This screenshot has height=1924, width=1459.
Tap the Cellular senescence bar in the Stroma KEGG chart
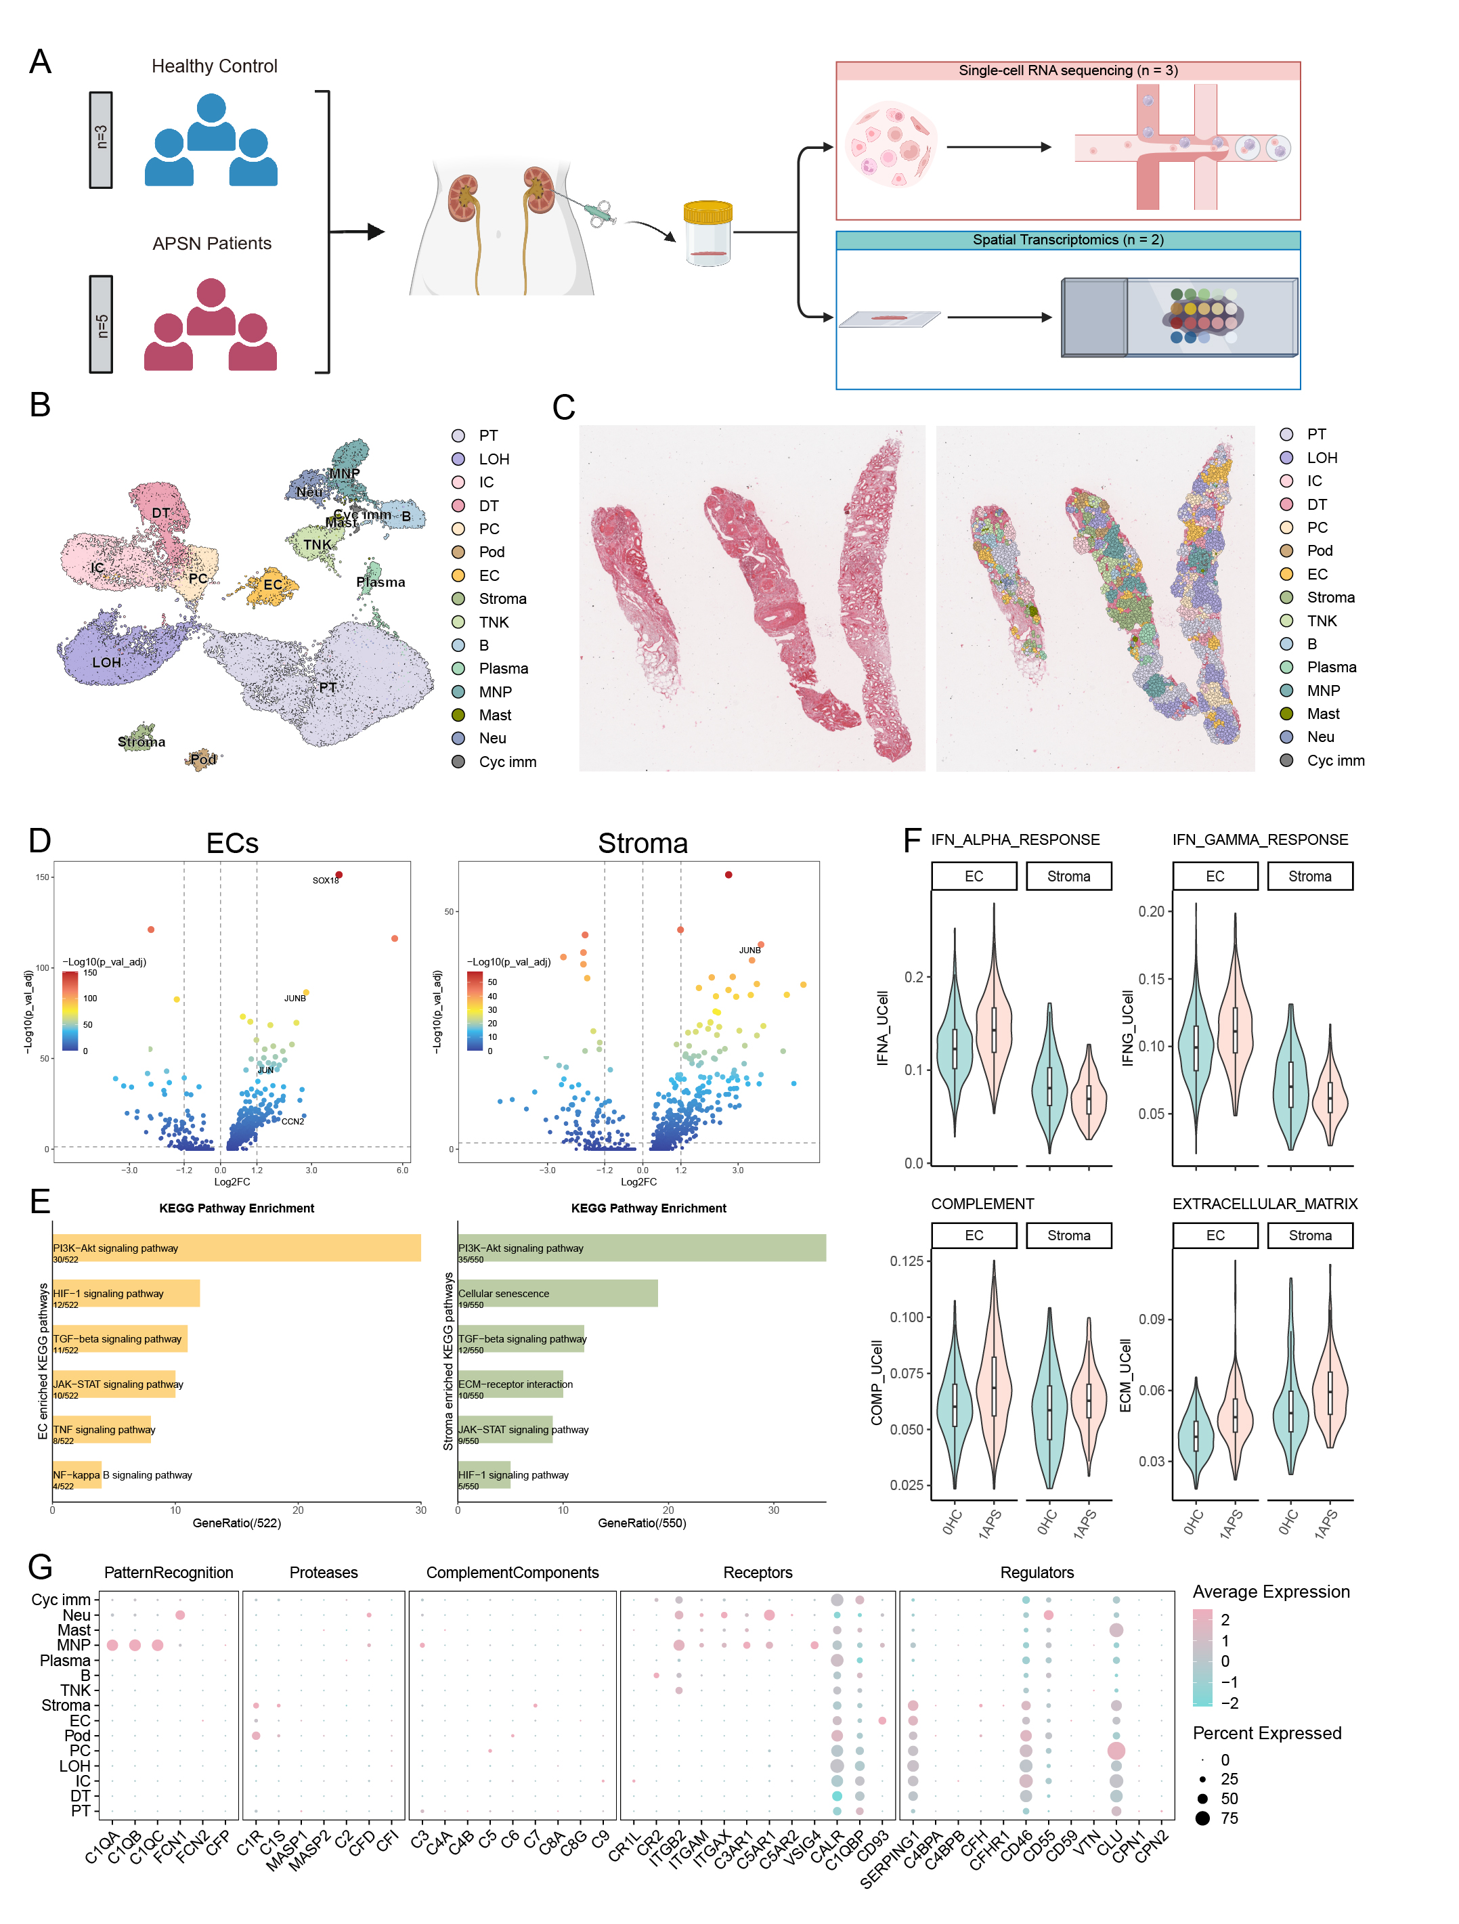pos(557,1294)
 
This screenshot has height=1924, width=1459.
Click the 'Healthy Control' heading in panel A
pos(214,66)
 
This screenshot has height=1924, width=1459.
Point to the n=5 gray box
pos(102,324)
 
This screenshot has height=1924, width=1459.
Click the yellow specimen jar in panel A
pos(707,233)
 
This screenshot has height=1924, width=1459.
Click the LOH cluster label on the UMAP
pos(106,662)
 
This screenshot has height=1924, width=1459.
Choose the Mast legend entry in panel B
pos(494,715)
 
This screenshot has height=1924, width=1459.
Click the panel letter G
pos(40,1567)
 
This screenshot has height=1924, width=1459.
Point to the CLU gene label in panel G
pos(1108,1843)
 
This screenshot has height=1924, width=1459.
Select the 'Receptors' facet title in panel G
pos(757,1573)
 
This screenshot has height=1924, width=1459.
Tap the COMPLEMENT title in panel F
pos(982,1204)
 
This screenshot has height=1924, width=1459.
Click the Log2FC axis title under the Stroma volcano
pos(638,1182)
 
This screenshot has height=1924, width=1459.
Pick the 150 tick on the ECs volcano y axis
pos(42,877)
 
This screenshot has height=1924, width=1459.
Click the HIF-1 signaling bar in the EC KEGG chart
pos(126,1294)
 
